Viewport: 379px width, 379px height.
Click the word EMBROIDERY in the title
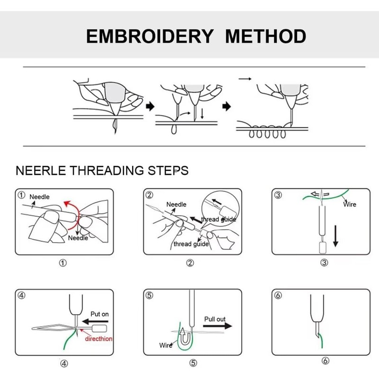(150, 36)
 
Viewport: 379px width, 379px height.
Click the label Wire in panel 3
(350, 204)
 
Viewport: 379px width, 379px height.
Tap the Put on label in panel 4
(99, 314)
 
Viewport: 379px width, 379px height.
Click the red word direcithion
(99, 339)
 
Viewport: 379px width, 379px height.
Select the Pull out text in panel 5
(215, 319)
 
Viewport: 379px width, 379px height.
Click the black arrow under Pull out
(218, 326)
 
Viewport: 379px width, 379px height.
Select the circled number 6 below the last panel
(325, 361)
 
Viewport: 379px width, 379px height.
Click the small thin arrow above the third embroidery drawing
(245, 78)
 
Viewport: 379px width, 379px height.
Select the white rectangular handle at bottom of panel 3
(324, 247)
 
